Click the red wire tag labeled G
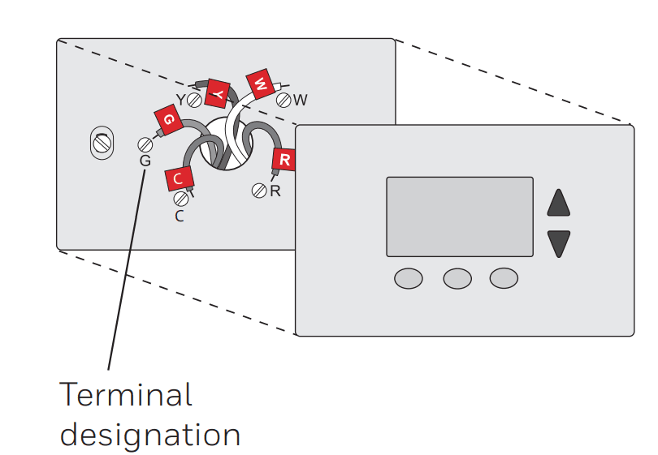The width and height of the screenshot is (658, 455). (167, 120)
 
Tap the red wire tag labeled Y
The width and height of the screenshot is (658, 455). (217, 93)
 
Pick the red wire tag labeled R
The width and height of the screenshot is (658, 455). (284, 160)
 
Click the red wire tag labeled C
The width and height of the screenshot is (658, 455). (178, 178)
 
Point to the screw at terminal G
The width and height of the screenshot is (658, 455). (145, 144)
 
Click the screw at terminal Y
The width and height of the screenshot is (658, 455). (194, 101)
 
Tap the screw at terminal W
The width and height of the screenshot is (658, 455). (284, 101)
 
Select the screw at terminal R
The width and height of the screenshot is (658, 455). (259, 191)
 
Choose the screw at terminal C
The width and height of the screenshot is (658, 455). (180, 199)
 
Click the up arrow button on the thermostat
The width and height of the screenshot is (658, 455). (559, 203)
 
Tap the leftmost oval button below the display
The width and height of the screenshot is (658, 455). (409, 278)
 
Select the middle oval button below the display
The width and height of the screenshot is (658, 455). (457, 278)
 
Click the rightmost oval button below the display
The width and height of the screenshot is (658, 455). (504, 278)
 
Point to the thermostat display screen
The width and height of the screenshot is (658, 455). (460, 217)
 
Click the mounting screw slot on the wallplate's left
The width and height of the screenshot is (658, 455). (101, 144)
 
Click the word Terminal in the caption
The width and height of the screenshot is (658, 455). (126, 395)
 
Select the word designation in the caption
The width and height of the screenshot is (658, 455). (150, 434)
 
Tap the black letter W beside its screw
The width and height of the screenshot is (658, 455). (301, 100)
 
